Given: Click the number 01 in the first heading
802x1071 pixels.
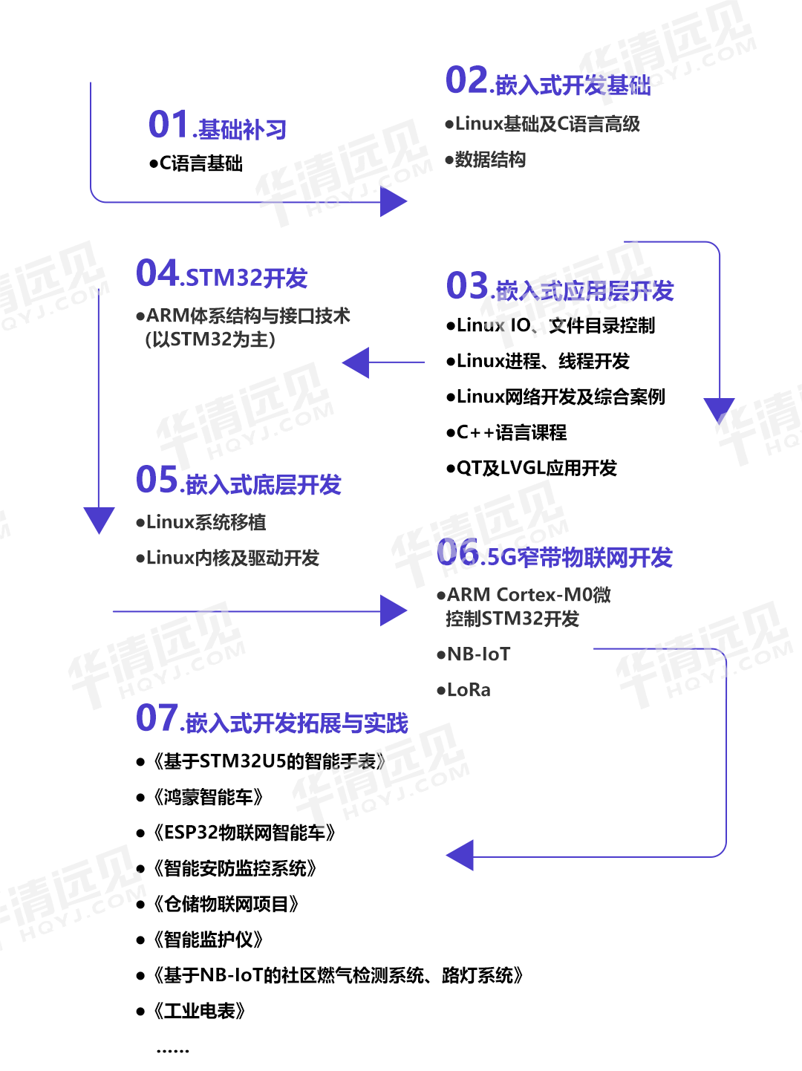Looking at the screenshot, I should [x=169, y=125].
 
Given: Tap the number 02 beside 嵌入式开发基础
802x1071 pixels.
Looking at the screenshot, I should [x=466, y=81].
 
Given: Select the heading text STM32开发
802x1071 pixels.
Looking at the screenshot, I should [x=247, y=278].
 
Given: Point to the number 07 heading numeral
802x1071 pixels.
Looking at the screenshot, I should [x=157, y=718].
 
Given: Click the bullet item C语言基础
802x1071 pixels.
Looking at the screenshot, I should [x=198, y=163].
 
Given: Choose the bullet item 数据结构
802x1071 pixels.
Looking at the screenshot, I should [x=486, y=160].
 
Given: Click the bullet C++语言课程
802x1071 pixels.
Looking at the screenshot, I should [x=507, y=432].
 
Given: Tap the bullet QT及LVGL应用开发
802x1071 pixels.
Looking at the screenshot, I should [x=532, y=468].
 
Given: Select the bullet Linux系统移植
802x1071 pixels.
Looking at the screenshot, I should [x=202, y=522].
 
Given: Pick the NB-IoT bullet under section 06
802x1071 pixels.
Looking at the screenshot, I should [x=475, y=654].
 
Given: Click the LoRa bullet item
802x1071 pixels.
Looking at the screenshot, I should [x=465, y=690].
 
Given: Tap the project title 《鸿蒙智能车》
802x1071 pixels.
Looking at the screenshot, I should [x=208, y=797].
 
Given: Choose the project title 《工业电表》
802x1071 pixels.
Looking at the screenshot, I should [x=199, y=1011].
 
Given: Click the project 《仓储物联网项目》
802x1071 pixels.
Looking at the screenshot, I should [x=226, y=904].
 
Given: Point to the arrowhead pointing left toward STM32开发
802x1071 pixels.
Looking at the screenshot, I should [x=357, y=362].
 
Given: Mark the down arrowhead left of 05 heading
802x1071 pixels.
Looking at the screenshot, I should [x=99, y=519].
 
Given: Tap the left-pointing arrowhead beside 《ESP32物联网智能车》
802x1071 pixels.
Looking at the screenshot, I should [x=461, y=856].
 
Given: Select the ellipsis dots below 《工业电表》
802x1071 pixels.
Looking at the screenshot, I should [x=172, y=1051].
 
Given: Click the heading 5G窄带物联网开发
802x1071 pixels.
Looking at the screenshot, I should [x=577, y=557].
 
